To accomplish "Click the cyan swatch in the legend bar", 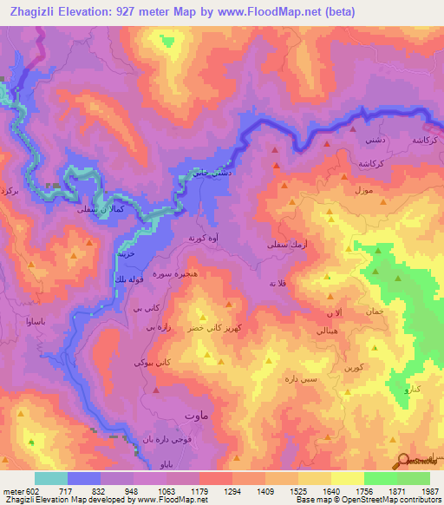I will coord(51,478).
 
